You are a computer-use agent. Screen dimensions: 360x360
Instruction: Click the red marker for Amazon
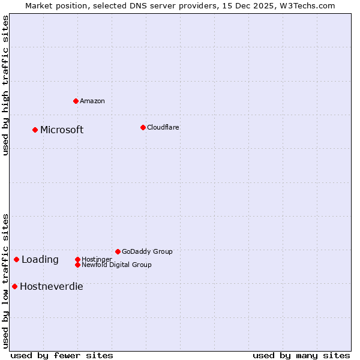pos(76,101)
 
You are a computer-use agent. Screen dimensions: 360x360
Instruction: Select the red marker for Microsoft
pos(35,130)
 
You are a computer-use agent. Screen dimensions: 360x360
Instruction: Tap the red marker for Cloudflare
pos(143,127)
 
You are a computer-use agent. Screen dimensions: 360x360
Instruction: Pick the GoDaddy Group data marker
pos(118,251)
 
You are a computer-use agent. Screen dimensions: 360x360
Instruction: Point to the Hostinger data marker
pos(77,259)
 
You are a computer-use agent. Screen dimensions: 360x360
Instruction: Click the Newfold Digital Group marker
pos(77,265)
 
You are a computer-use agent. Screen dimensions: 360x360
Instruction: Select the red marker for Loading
pos(16,259)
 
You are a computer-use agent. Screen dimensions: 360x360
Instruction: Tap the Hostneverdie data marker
pos(14,286)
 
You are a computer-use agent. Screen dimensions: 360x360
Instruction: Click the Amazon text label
pos(92,101)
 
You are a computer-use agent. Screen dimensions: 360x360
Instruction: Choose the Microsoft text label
pos(62,130)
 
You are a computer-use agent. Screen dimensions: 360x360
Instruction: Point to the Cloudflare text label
pos(163,127)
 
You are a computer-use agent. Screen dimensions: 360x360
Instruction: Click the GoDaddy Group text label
pos(147,251)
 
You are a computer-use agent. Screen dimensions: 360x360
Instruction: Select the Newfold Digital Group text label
pos(116,265)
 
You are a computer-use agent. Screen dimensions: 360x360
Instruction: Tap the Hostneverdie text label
pos(52,287)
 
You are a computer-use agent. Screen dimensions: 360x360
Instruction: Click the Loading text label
pos(40,260)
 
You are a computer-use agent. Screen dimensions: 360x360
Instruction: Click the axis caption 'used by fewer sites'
pos(62,355)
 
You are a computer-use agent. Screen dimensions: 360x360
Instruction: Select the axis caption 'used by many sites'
pos(301,355)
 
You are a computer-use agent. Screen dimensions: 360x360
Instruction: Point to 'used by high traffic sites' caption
pos(5,85)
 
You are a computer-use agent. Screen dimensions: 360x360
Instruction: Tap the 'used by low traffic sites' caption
pos(5,281)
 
